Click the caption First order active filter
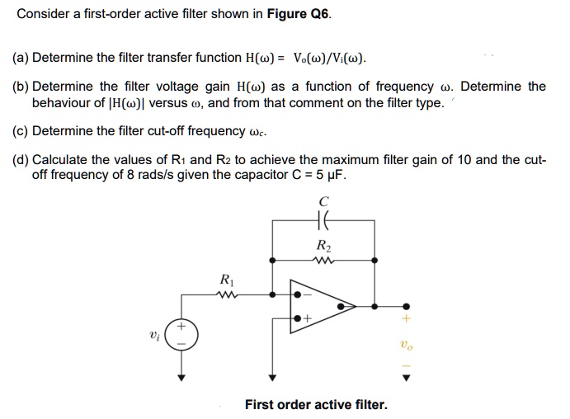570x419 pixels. (x=316, y=404)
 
